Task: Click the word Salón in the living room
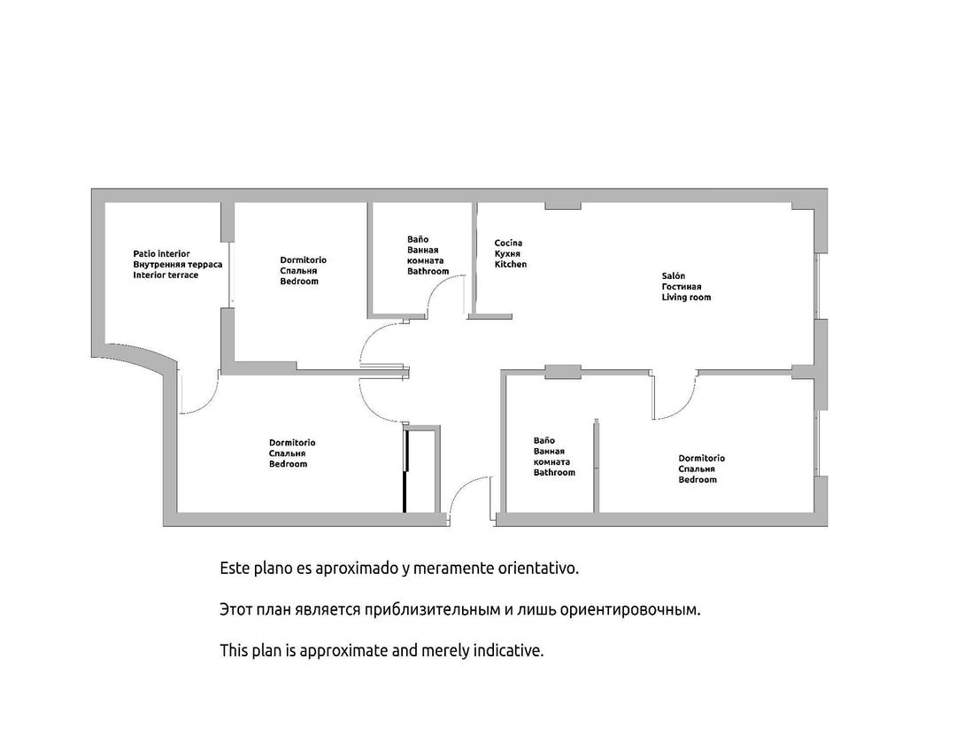(673, 276)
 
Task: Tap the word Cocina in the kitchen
(508, 244)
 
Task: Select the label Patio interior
(161, 254)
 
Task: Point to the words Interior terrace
(166, 275)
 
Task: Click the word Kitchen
(510, 265)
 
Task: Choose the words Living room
(686, 298)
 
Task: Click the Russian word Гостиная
(681, 287)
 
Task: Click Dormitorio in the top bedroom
(303, 260)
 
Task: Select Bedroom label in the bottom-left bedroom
(288, 464)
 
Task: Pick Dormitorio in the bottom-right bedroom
(701, 459)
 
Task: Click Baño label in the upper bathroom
(418, 239)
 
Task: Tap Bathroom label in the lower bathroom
(554, 473)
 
